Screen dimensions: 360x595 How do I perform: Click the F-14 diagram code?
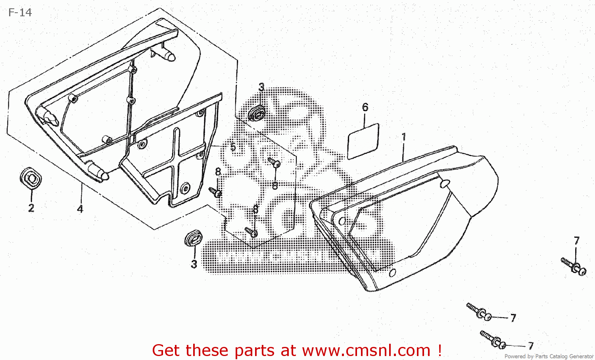click(x=20, y=13)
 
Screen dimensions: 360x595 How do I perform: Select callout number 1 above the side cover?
click(x=404, y=137)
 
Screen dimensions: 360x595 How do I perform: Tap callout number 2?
click(x=31, y=208)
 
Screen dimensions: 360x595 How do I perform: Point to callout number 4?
click(x=80, y=209)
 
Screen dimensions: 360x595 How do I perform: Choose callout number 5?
click(x=233, y=147)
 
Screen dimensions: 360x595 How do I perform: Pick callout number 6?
click(x=365, y=107)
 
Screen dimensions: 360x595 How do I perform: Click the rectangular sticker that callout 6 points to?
click(x=363, y=141)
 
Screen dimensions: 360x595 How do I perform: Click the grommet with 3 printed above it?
click(x=257, y=113)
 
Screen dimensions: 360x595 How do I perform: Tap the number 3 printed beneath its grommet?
click(x=194, y=264)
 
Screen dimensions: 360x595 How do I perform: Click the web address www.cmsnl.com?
click(x=366, y=350)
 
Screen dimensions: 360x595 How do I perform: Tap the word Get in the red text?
click(x=166, y=350)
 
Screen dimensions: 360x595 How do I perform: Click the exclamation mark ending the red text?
click(x=440, y=350)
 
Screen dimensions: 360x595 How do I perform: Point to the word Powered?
click(x=515, y=356)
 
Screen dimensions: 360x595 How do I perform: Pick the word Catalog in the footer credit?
click(x=559, y=356)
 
